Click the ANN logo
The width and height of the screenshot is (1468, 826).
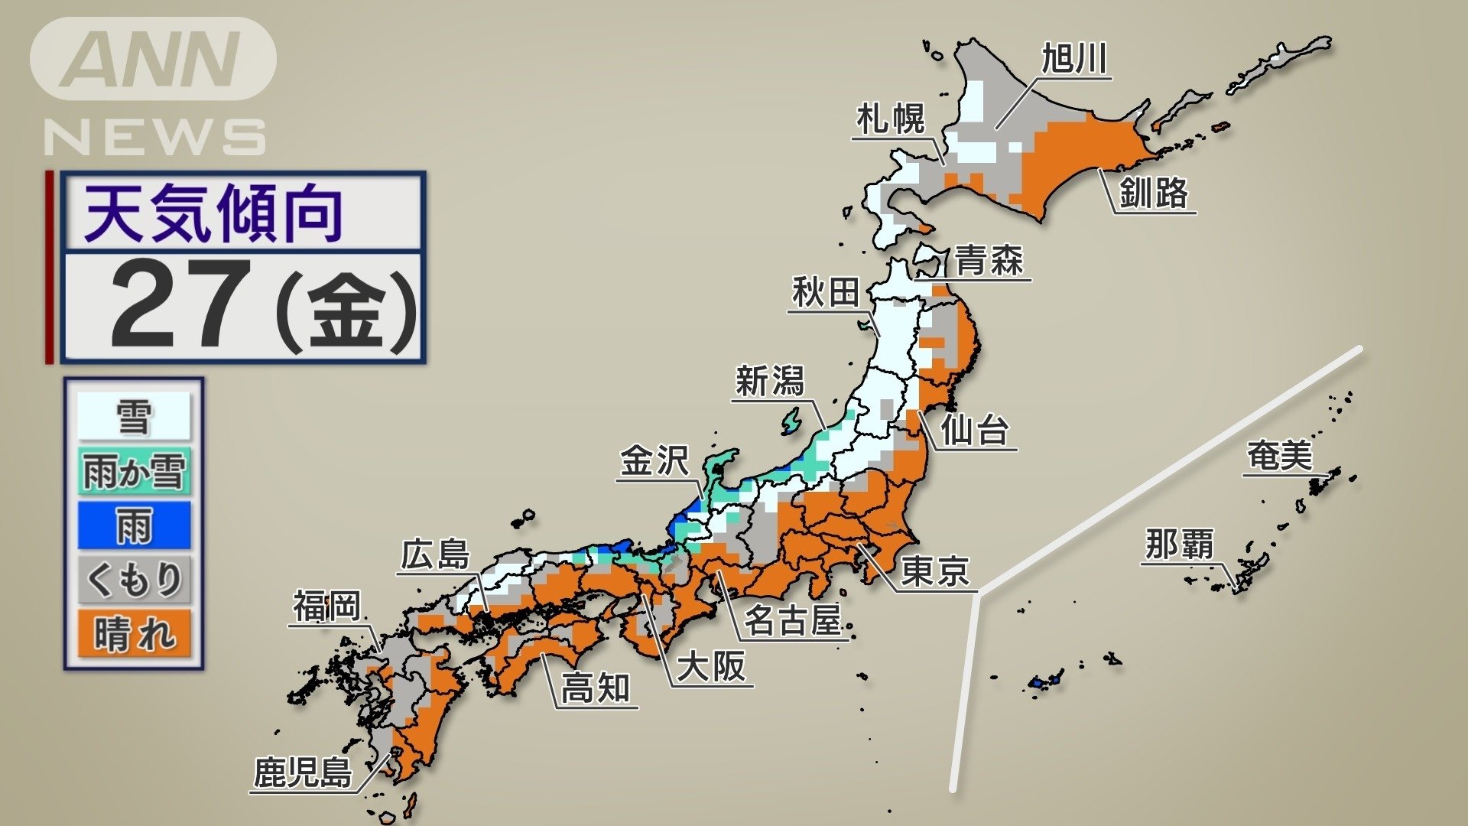pos(153,59)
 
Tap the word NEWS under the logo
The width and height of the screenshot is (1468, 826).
pos(155,138)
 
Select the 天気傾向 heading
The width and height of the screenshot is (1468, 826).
pos(213,213)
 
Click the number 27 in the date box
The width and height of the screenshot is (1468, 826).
pos(181,304)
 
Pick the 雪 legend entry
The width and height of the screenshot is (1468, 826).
pos(134,417)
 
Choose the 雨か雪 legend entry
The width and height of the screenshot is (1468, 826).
pos(134,470)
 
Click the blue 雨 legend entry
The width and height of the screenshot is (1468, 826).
pos(134,525)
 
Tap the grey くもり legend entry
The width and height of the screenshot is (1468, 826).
pos(134,579)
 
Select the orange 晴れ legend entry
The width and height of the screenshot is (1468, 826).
pos(134,634)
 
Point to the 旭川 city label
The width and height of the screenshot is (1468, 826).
pos(1074,59)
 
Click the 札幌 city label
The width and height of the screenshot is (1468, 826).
pos(890,119)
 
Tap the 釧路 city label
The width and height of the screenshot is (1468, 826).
pos(1154,192)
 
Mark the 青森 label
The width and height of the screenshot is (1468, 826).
pos(989,261)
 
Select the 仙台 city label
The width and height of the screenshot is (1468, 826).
pos(974,431)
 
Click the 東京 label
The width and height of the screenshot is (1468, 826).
pos(935,571)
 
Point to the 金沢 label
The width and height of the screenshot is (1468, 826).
pos(654,461)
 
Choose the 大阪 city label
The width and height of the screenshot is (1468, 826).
pos(711,666)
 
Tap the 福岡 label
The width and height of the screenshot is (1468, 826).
pos(326,606)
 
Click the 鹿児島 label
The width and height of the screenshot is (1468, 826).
pos(303,772)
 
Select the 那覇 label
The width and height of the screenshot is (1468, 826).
pos(1179,545)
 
